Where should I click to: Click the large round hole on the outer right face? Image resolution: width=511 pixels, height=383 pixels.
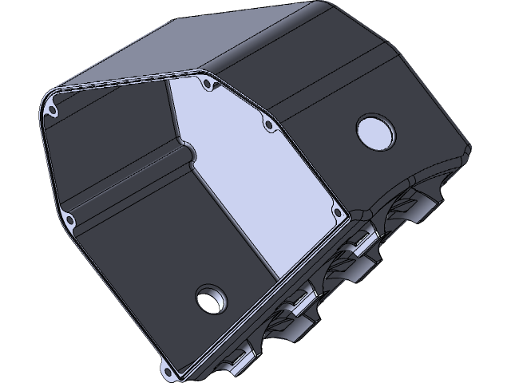tap(374, 132)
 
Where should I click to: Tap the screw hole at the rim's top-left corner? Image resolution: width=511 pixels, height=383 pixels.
tap(53, 110)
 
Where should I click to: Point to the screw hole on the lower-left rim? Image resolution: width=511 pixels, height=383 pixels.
tap(72, 218)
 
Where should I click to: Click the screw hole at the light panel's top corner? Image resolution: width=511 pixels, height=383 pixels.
tap(208, 83)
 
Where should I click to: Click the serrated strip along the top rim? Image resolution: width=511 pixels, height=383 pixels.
tap(128, 81)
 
